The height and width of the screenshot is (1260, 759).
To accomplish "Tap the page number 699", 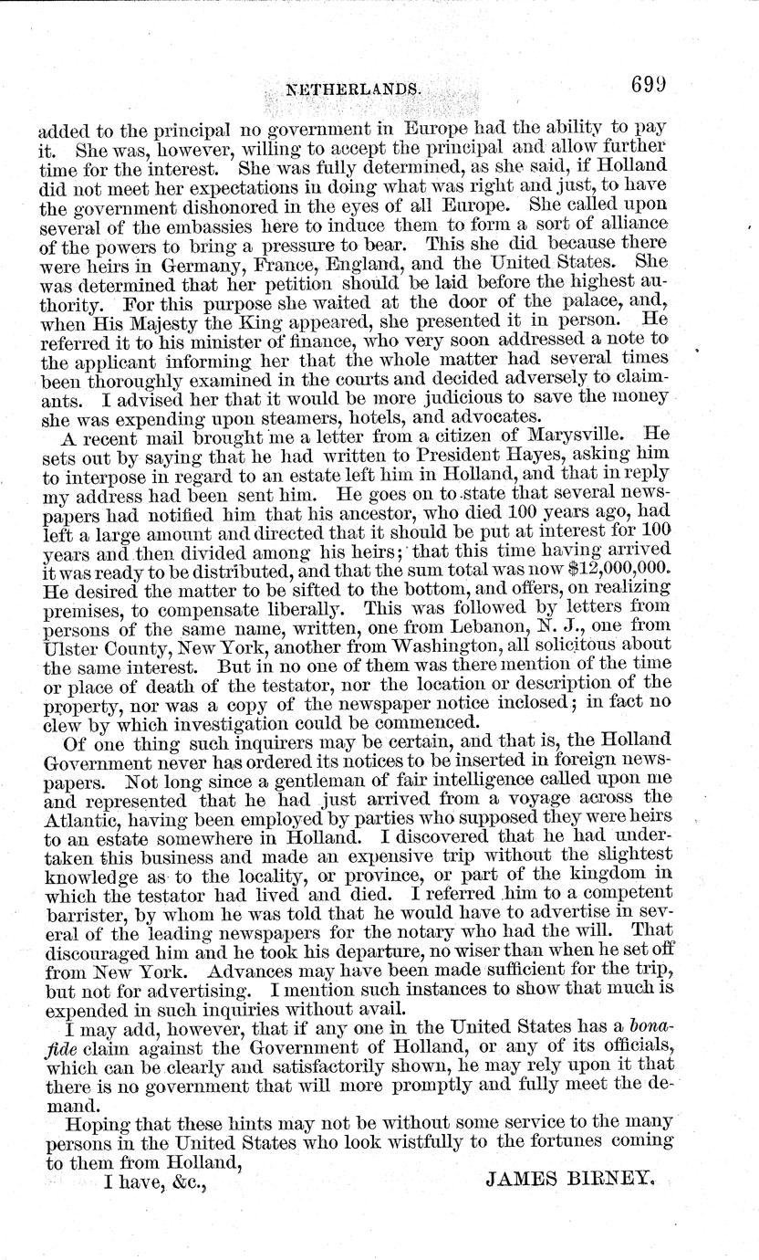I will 650,86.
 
